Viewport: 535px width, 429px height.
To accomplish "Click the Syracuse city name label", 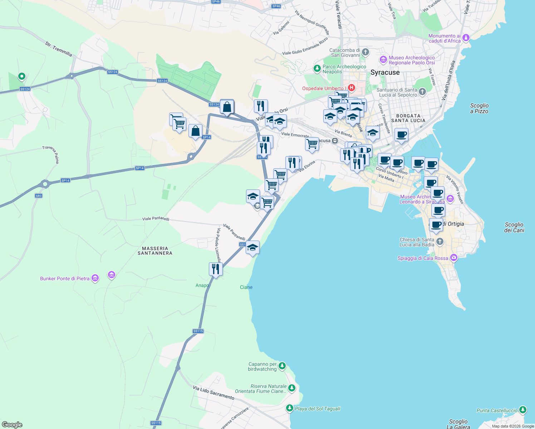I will (x=385, y=73).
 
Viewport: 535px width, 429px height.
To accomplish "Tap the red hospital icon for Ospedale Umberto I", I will (x=352, y=88).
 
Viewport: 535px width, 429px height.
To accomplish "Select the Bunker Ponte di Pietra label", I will (x=65, y=278).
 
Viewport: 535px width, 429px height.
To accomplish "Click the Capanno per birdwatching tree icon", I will (x=282, y=366).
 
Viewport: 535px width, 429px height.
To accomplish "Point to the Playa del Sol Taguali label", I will (x=318, y=409).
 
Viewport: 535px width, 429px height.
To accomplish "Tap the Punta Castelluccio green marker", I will (x=523, y=410).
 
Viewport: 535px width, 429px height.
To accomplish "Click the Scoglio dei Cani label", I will (x=514, y=227).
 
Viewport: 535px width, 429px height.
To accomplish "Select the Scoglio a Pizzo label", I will (x=479, y=108).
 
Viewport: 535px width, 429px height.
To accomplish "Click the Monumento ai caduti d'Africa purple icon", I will (x=466, y=38).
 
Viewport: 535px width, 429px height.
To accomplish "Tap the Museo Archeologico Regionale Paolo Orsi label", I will (x=412, y=60).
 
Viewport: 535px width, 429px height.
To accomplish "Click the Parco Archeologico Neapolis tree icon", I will (x=317, y=68).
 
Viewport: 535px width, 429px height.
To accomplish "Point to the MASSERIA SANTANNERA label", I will (x=155, y=251).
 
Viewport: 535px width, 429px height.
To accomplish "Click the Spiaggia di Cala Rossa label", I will (x=423, y=258).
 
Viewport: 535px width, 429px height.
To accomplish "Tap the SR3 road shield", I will (x=39, y=196).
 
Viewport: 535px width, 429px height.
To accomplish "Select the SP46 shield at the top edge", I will (x=216, y=2).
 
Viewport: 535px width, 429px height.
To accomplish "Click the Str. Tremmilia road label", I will (x=59, y=49).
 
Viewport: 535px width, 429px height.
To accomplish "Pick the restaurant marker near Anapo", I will (x=216, y=269).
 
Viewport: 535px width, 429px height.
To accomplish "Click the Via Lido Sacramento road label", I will (x=213, y=393).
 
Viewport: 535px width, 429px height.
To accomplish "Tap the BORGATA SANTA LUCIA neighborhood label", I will (x=408, y=118).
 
